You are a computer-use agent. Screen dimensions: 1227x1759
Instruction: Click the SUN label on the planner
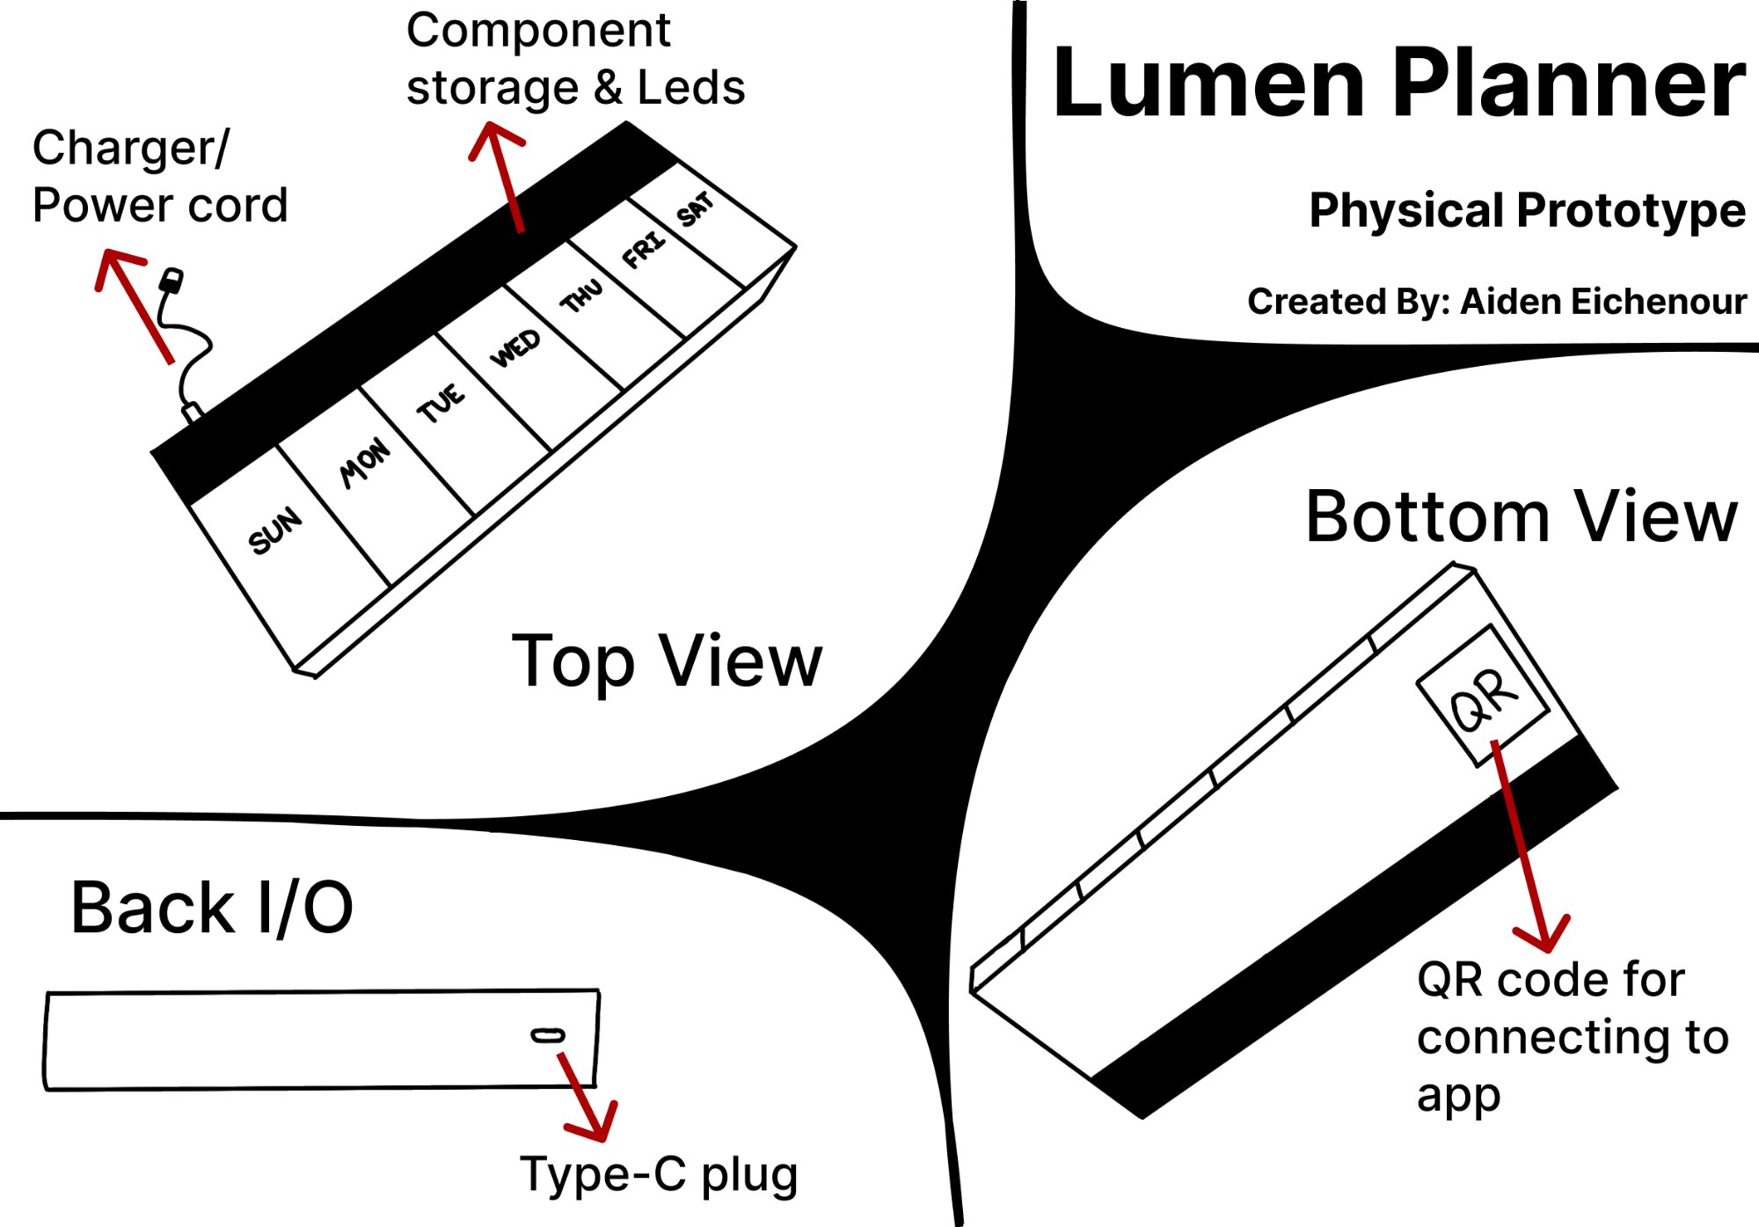275,530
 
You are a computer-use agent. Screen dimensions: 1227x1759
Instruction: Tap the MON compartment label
365,462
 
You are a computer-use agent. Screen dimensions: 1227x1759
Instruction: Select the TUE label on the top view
441,403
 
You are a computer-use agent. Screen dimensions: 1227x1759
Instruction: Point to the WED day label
515,347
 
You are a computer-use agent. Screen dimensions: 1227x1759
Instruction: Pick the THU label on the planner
582,296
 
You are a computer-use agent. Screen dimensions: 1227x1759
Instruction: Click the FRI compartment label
645,249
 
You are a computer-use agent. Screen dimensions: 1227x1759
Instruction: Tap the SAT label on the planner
696,208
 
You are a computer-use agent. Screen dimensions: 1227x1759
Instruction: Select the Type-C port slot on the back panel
548,1035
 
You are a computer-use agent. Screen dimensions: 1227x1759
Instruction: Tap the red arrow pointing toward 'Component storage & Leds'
500,176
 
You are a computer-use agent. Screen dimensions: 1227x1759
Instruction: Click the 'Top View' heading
667,661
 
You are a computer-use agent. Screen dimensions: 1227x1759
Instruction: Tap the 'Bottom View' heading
1521,517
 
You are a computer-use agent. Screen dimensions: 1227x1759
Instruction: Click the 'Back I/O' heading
212,908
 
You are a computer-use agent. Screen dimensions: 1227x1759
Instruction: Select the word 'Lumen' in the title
1209,84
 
